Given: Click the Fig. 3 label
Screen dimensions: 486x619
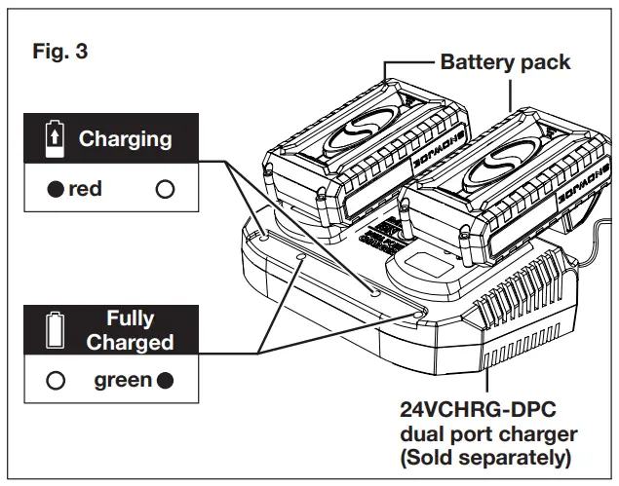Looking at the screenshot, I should pos(60,51).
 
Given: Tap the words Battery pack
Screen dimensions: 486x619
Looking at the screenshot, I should pos(505,62).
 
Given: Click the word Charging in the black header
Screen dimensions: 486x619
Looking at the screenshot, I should pos(125,138).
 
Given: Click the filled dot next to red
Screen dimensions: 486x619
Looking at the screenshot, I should pos(58,189).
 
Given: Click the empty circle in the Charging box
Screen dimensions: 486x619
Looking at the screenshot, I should pos(164,189).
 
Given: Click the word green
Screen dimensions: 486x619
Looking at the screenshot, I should pos(122,380).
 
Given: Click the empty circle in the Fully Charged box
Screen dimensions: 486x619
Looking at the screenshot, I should pos(58,380).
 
